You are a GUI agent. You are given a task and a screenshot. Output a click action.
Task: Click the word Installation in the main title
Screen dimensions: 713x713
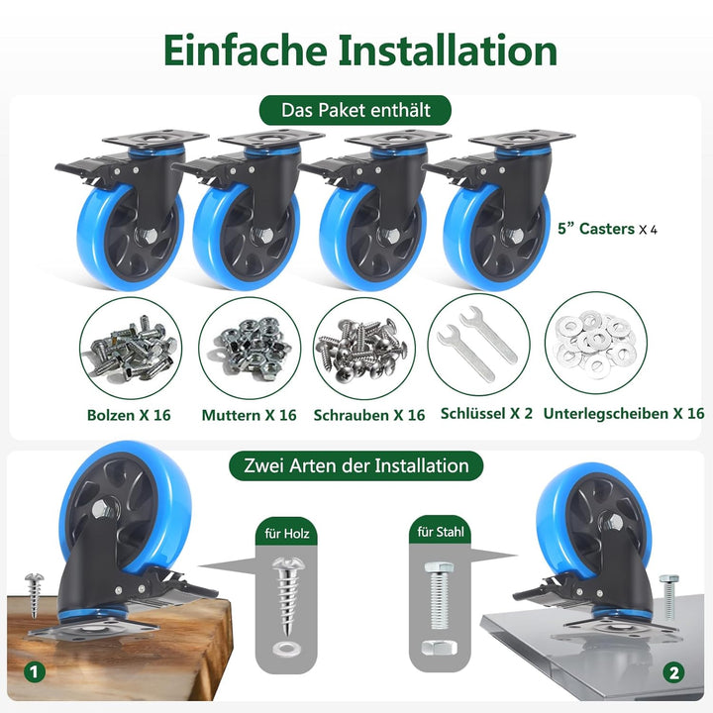[x=449, y=50]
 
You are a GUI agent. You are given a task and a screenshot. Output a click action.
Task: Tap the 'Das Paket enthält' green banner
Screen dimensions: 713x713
[x=356, y=110]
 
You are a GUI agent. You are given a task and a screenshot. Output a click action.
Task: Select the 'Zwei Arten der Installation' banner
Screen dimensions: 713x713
[x=356, y=464]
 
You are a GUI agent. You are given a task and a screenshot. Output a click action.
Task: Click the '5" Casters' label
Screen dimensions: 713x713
[x=608, y=229]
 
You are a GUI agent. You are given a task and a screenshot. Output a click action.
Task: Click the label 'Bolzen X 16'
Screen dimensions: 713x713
[x=128, y=414]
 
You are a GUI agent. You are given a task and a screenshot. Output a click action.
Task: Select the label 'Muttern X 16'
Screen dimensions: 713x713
[x=249, y=415]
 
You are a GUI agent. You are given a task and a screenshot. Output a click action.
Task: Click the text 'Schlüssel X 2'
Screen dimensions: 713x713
[x=486, y=414]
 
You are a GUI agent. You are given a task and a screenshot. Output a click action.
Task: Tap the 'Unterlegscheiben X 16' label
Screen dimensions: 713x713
[x=625, y=413]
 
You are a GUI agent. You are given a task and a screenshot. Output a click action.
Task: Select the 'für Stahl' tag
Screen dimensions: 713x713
[x=439, y=534]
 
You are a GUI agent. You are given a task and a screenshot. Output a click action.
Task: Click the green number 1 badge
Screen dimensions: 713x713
[x=36, y=672]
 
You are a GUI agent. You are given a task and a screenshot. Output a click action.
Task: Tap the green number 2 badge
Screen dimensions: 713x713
[x=675, y=672]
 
